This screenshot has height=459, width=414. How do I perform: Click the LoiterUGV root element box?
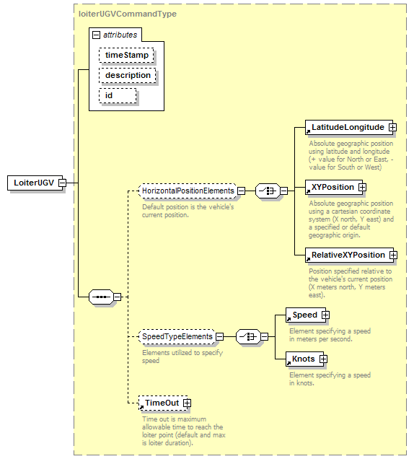coord(35,183)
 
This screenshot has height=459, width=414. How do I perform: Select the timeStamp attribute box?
coord(126,55)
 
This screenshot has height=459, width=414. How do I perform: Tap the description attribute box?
coord(127,75)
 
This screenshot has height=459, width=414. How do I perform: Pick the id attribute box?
coord(118,96)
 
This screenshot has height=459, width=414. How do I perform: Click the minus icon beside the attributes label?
coord(96,35)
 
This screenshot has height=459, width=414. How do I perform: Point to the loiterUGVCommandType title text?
coord(128,14)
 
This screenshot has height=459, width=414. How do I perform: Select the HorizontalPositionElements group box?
coord(188,191)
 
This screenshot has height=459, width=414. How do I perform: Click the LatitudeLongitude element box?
coord(349,127)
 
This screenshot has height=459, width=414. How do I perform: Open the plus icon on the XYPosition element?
coord(362,187)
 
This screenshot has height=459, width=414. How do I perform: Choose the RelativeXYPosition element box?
coord(349,255)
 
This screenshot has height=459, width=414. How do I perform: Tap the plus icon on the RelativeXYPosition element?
coord(393,255)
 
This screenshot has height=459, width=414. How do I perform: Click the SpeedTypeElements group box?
coord(177,336)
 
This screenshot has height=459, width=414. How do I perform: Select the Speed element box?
coord(306,315)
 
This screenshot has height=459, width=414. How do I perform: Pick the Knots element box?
coord(305,359)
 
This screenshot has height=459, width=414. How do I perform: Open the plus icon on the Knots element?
coord(323,359)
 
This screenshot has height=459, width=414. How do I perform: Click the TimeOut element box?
coord(163,403)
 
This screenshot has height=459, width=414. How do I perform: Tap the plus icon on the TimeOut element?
coord(187,403)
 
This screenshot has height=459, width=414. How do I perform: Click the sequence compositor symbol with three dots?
coord(101,297)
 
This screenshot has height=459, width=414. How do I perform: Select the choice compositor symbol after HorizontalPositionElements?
coord(268,191)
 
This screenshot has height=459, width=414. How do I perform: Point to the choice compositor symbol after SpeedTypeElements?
coord(248,336)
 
